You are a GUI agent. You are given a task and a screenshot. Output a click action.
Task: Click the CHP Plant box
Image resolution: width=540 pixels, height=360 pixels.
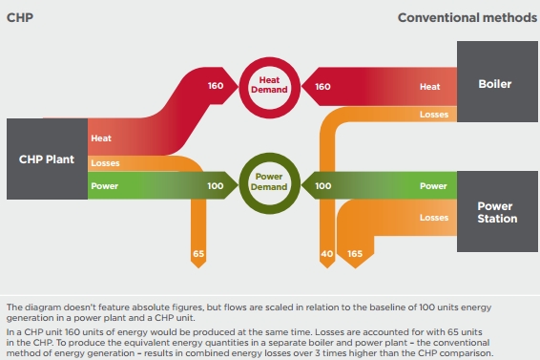(47, 159)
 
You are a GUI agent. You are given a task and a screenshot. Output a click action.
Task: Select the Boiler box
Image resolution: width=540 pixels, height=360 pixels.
(497, 82)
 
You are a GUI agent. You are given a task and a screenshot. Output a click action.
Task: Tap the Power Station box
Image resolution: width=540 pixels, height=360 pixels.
(497, 211)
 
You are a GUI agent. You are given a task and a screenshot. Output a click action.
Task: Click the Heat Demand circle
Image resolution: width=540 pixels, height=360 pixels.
(269, 88)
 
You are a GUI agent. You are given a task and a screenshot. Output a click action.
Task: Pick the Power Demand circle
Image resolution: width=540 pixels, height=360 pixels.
(269, 183)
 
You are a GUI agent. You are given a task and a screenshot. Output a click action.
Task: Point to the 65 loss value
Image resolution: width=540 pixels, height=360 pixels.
(198, 254)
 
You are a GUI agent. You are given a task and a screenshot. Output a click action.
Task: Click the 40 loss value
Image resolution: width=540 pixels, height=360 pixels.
(327, 254)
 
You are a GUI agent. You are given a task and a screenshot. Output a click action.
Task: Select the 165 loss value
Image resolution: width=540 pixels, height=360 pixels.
(355, 254)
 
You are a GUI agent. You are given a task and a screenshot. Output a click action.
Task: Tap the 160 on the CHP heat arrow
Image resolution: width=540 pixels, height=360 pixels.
(216, 86)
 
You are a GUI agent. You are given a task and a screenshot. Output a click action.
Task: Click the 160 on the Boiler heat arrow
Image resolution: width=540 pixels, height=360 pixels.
(322, 87)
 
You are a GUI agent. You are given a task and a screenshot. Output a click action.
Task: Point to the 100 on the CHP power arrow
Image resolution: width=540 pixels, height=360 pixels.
(216, 186)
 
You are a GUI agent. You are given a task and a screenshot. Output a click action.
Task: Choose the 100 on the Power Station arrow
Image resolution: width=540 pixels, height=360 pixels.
(323, 186)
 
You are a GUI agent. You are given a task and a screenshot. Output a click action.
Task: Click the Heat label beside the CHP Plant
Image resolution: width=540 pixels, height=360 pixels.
(101, 138)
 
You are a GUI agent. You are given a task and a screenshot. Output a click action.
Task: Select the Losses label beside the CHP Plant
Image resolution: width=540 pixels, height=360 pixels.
(105, 163)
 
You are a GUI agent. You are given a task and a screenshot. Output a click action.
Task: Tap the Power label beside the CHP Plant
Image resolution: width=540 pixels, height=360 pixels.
(105, 186)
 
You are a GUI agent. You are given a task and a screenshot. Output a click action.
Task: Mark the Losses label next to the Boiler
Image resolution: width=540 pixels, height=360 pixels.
(434, 115)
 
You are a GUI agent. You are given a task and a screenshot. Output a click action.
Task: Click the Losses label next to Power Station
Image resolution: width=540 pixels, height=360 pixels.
(434, 218)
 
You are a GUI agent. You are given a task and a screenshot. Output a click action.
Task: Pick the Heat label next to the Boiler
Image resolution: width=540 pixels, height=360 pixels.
(429, 87)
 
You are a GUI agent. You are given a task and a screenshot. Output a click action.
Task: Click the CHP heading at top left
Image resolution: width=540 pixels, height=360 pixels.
(20, 17)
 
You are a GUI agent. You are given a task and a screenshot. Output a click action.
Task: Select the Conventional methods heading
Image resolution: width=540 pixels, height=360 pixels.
(467, 17)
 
